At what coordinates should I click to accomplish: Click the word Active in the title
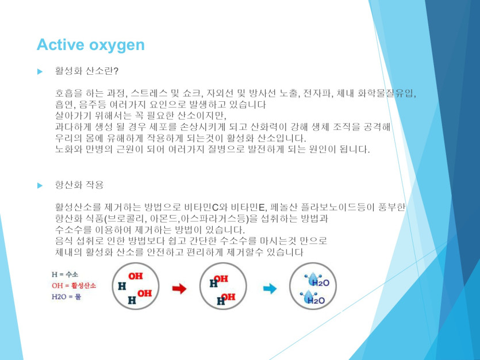coord(60,45)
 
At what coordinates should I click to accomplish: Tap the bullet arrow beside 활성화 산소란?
coord(40,72)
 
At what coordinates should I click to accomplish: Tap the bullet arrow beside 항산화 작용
coord(40,186)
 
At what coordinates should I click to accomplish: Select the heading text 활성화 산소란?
coord(87,71)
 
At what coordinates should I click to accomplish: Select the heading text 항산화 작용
coord(79,185)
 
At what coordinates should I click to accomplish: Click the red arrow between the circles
coord(179,288)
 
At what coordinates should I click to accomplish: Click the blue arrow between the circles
coord(270,288)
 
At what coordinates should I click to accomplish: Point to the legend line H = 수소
coord(65,274)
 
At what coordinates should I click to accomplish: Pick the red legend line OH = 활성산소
coord(74,286)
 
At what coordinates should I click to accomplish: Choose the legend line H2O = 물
coord(67,297)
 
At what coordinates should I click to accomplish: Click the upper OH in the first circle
coord(136,276)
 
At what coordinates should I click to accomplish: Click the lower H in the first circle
coord(132,300)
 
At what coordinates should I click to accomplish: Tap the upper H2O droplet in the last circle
coord(317,280)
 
